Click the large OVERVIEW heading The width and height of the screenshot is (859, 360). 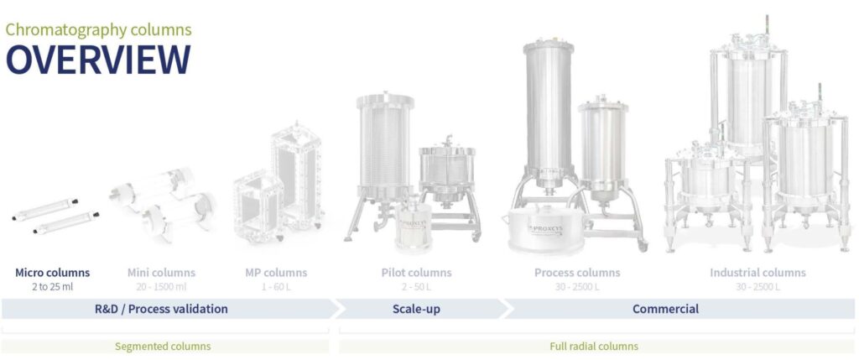98,60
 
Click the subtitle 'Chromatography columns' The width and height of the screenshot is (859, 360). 98,29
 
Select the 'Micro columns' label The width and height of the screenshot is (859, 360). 52,273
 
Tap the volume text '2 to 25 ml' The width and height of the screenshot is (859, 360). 52,286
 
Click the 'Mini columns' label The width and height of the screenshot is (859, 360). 161,273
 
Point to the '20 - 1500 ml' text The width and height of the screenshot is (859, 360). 161,286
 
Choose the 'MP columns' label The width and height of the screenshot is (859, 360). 276,273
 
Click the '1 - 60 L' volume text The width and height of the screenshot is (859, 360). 276,286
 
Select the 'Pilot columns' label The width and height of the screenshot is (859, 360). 416,273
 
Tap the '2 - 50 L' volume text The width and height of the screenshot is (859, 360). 416,286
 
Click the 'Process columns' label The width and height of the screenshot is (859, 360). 577,273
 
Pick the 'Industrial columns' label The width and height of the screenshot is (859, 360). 757,273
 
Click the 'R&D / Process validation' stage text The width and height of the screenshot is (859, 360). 161,309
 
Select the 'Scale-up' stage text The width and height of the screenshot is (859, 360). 416,309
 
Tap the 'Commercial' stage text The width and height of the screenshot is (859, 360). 665,309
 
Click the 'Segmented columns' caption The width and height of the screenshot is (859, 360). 163,346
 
